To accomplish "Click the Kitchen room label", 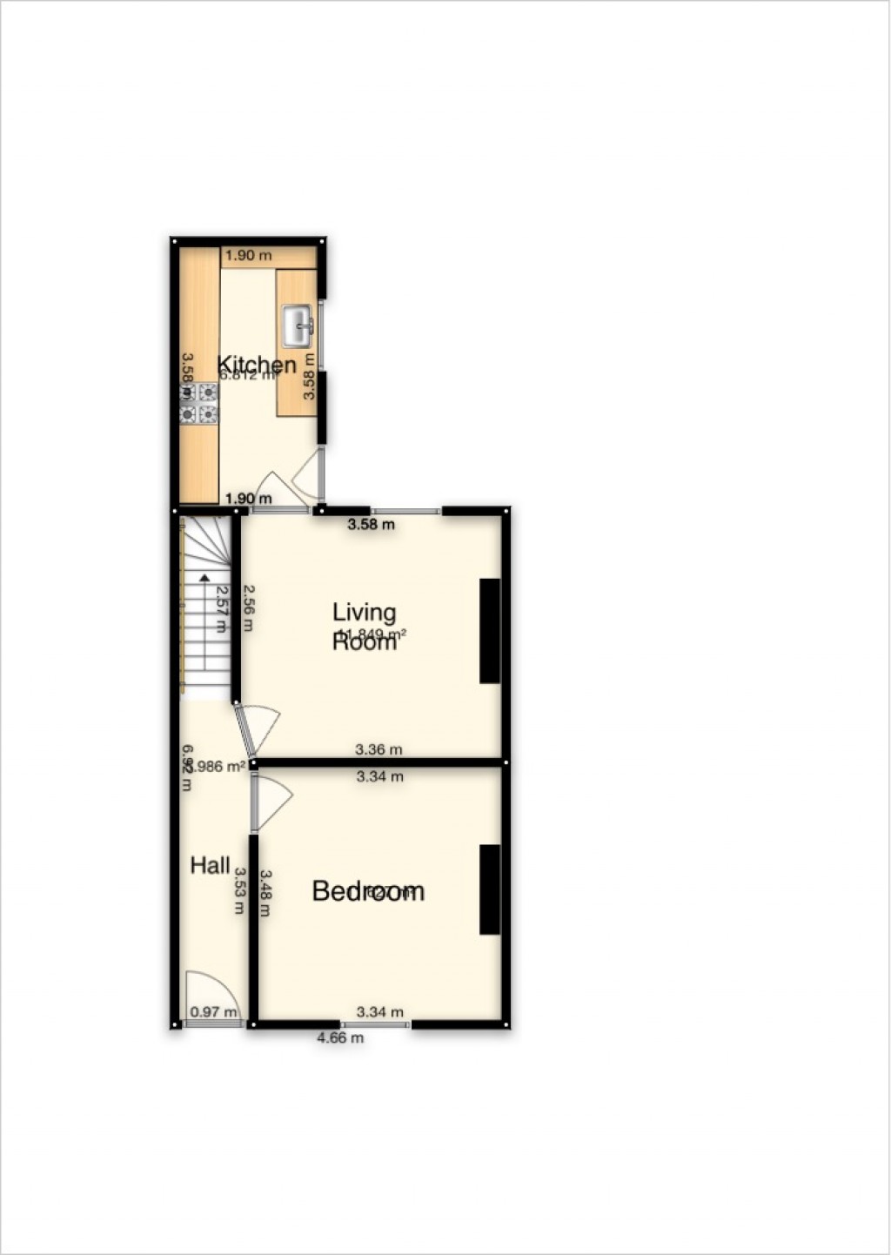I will click(x=256, y=364).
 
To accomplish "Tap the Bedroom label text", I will click(x=368, y=891).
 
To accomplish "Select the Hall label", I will click(x=211, y=865).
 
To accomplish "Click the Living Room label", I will click(x=365, y=627).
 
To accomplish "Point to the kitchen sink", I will click(x=298, y=325).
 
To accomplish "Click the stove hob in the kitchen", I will click(x=198, y=404).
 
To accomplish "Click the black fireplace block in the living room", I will click(x=490, y=631).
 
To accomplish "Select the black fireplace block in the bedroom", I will click(x=490, y=889).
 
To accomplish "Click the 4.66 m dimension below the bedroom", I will click(x=339, y=1037).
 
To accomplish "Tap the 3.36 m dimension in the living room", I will click(x=379, y=749).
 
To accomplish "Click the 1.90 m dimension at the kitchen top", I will click(x=249, y=256).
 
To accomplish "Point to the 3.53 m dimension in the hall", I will click(x=239, y=891).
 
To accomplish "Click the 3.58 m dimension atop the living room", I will click(x=372, y=525).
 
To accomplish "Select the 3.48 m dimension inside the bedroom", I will click(x=265, y=894).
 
